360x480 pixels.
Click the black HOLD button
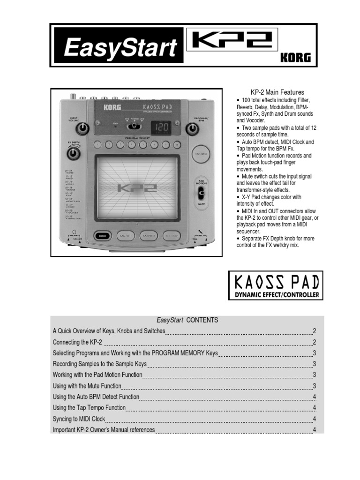coord(103,236)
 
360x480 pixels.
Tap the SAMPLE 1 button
coord(127,236)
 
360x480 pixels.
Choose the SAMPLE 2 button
coord(150,236)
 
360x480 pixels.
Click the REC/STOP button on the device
coord(174,236)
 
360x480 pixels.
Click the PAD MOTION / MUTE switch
coord(201,192)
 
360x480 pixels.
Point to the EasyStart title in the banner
coord(120,48)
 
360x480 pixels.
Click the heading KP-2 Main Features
coord(271,92)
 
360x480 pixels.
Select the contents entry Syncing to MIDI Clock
coord(79,419)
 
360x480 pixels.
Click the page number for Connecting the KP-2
coord(315,342)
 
